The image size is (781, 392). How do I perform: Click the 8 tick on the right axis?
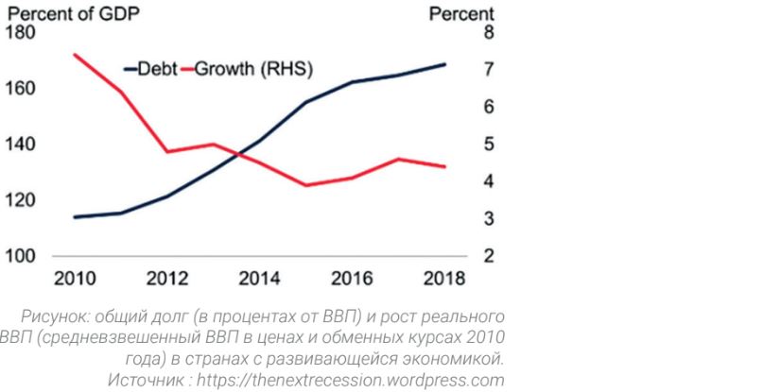487,33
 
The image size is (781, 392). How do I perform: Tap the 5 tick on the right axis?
487,145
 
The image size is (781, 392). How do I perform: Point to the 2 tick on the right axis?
487,256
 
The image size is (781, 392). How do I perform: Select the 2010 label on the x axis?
74,281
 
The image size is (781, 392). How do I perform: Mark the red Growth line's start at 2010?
74,55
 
